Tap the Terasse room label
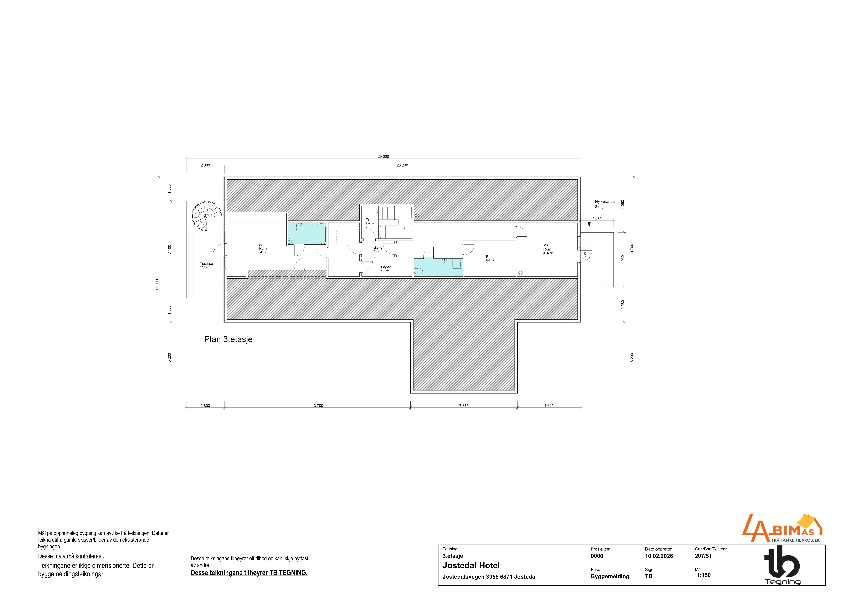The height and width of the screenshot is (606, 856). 206,263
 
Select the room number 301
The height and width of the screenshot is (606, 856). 261,245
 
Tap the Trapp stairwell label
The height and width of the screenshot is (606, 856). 371,220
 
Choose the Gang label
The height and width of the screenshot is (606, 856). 378,247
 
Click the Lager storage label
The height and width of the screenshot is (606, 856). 385,267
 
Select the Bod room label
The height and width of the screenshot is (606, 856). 489,257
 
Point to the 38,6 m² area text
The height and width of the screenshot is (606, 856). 548,253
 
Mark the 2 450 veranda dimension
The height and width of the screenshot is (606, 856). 597,219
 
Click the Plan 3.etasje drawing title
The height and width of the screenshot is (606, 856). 228,339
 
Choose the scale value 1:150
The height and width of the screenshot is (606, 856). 704,575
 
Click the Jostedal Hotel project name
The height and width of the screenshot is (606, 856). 471,565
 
